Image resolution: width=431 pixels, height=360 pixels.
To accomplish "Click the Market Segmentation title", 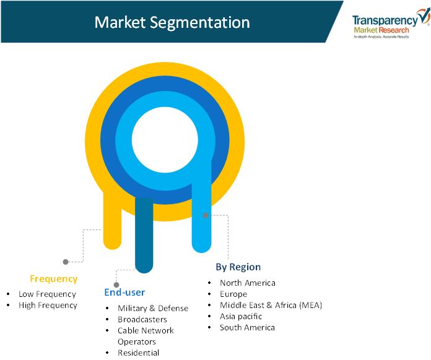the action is [x=172, y=22].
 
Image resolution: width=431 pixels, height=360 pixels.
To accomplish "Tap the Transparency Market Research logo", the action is [x=391, y=24].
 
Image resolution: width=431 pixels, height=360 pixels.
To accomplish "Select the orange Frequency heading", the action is [x=54, y=279].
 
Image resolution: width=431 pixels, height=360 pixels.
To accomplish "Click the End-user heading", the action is [x=124, y=292].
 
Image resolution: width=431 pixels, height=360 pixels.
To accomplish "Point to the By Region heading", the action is [x=238, y=267].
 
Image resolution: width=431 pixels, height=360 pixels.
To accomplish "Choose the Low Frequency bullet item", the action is [x=47, y=294].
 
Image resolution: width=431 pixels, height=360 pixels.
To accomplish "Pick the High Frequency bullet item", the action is [x=48, y=306].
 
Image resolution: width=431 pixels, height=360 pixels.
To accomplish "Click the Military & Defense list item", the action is [x=153, y=309].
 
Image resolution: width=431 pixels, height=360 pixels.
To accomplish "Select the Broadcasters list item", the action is [x=142, y=319].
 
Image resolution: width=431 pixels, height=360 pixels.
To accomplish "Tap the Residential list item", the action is [x=138, y=353].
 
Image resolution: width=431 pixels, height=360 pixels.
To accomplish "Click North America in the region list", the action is [x=247, y=283].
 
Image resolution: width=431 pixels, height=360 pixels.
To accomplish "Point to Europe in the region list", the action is [x=233, y=294].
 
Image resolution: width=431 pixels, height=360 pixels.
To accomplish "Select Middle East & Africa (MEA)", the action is [x=271, y=305].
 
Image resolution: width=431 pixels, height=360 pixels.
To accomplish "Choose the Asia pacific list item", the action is [x=241, y=316].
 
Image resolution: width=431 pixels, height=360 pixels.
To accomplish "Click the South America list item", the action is [x=247, y=327].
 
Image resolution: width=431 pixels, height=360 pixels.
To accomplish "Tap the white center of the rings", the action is [x=165, y=140].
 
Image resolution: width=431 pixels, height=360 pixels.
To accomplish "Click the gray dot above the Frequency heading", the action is [x=66, y=262].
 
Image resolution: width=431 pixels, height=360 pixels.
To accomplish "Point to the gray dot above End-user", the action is [x=116, y=285].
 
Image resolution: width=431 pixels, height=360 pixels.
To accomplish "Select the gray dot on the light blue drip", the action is [x=206, y=215].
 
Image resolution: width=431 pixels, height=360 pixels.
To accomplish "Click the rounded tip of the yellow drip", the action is [x=112, y=249].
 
